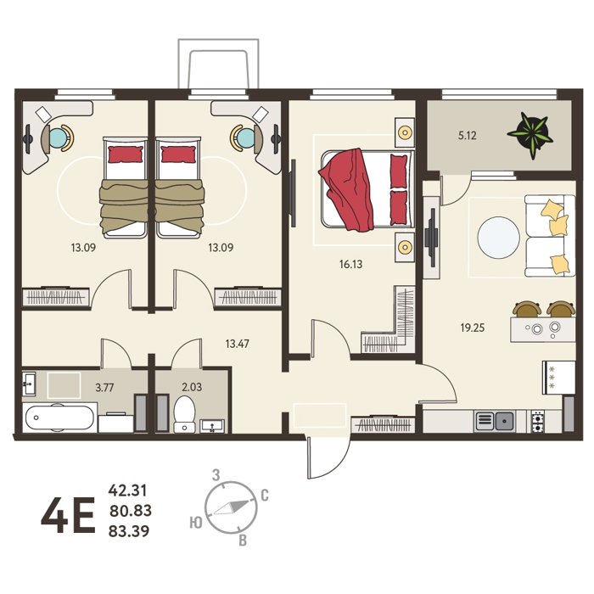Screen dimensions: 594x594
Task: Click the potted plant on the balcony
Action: coord(529,134)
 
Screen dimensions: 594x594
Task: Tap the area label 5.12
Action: coord(467,135)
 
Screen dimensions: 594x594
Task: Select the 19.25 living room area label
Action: coord(473,328)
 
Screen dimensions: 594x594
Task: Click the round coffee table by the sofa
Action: coord(499,238)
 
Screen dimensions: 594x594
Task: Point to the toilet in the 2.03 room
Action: coord(184,414)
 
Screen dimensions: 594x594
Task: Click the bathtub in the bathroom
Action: coord(59,417)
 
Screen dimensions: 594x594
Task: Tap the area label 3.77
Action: coord(104,388)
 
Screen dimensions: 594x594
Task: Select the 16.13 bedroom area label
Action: coord(350,264)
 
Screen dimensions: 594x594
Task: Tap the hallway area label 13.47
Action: coord(237,344)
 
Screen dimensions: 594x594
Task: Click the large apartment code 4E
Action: coord(68,515)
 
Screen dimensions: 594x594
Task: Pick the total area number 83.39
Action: coord(129,531)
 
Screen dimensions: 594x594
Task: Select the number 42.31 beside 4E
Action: coord(127,490)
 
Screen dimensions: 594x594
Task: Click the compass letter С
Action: coord(265,496)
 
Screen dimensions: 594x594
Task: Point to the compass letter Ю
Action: coord(196,524)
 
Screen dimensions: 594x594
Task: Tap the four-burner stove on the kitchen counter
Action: coord(537,421)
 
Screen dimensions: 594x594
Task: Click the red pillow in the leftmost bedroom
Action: coord(126,154)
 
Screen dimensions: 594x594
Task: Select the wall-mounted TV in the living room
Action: coord(431,238)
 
